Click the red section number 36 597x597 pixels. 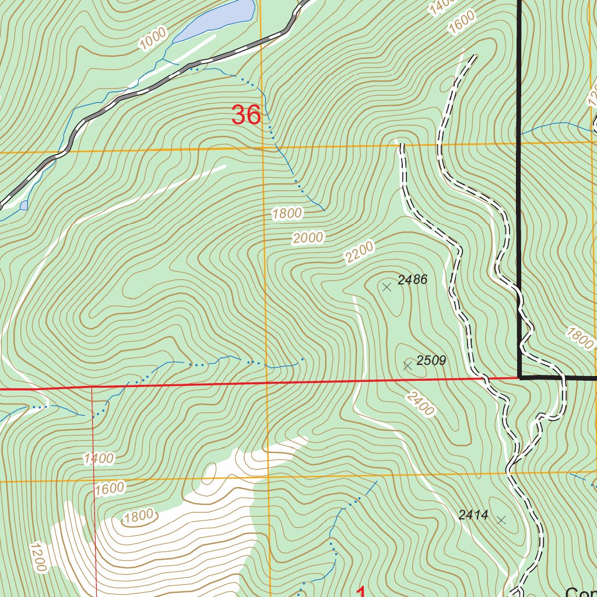245,115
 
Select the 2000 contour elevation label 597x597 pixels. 308,238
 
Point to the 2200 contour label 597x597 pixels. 358,254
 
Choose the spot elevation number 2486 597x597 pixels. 413,280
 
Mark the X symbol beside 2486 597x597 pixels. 387,287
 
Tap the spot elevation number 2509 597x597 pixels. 431,361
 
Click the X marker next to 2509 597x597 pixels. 408,366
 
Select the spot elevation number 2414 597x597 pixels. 473,515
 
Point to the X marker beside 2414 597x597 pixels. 501,519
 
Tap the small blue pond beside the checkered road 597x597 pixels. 23,205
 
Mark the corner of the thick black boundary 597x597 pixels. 519,377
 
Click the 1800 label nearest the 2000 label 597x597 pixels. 287,213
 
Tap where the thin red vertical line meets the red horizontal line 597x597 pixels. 92,387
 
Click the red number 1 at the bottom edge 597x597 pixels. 360,592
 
